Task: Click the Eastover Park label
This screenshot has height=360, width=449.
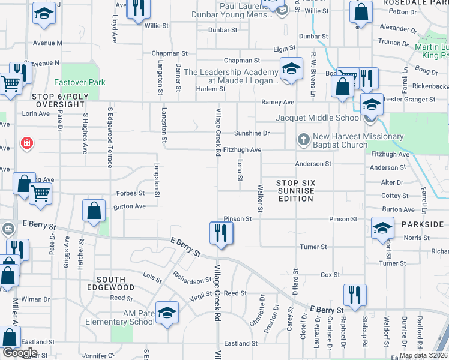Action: click(x=80, y=82)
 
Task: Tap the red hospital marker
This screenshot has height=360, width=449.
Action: click(x=26, y=143)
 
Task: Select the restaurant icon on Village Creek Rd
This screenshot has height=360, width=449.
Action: click(x=221, y=232)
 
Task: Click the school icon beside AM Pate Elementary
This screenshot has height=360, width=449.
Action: click(x=167, y=313)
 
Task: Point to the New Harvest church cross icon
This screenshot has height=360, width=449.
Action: click(x=304, y=140)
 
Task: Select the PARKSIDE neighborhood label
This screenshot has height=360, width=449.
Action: click(x=423, y=224)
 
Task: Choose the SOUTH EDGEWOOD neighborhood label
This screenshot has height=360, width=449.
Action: click(x=111, y=284)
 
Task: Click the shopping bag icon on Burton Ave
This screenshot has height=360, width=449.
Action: click(x=94, y=211)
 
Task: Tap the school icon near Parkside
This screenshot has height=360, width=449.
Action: click(x=382, y=228)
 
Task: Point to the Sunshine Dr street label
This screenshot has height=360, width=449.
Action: click(x=251, y=133)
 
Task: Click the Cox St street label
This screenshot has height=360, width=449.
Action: click(x=330, y=275)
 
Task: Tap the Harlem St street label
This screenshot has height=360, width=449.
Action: click(x=210, y=89)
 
